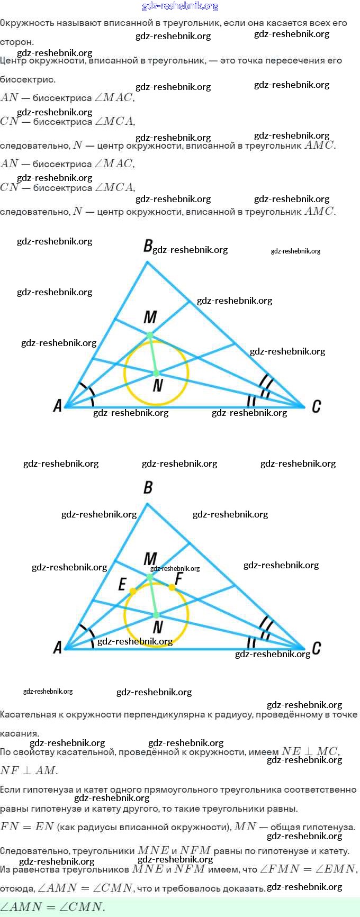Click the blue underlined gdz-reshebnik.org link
pos(180,6)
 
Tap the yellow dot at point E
pos(133,591)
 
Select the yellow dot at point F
pos(172,587)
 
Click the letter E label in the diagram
pos(122,584)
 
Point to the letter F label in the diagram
pos(178,579)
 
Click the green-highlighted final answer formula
pos(52,907)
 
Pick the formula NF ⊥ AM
pos(29,770)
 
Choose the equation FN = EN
pos(27,827)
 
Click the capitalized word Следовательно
pos(33,851)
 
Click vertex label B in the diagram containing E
pos(148,487)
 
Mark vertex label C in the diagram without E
pos(316,406)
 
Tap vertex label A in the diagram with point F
pos(58,647)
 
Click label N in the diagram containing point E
pos(157,628)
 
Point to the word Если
pos(10,789)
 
